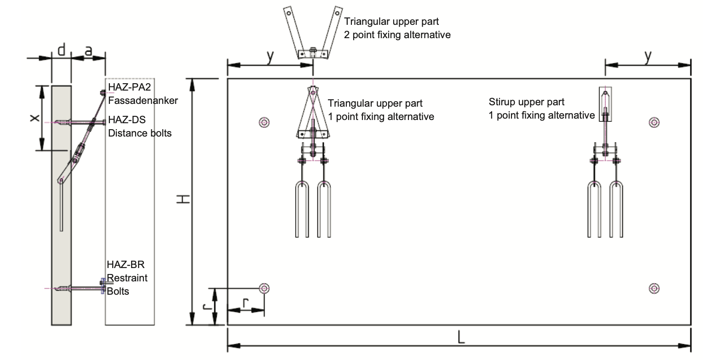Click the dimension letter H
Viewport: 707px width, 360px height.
(184, 199)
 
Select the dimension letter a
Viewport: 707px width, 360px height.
(89, 51)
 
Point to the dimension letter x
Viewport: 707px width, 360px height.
(34, 118)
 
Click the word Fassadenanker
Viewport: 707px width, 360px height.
(143, 100)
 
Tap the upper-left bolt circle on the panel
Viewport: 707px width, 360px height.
(264, 122)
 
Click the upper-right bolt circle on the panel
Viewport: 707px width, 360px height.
(655, 122)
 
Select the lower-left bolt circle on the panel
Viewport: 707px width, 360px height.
(264, 288)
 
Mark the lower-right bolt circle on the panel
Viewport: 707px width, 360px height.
(655, 288)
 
